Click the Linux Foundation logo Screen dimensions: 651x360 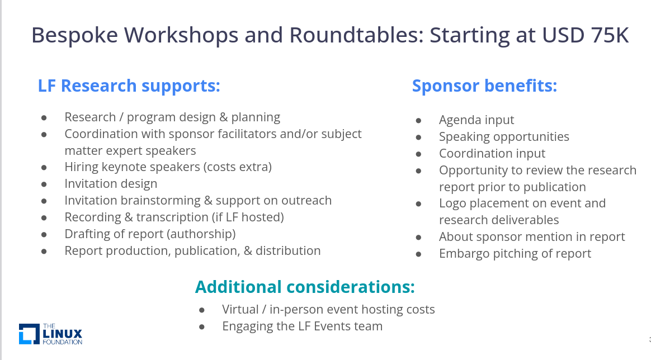[x=51, y=334]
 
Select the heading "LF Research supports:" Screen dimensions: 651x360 [x=129, y=86]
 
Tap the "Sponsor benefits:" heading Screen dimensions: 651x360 [x=484, y=86]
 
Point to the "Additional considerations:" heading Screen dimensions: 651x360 [x=305, y=287]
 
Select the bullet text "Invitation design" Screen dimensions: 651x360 [x=111, y=184]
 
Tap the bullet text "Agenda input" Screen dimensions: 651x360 [x=477, y=120]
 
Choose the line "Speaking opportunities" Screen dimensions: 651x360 [x=504, y=137]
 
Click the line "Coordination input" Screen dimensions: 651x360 [x=492, y=154]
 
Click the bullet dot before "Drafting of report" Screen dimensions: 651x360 [x=44, y=235]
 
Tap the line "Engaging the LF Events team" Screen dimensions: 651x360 [x=302, y=326]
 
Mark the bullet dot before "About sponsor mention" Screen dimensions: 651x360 [x=418, y=238]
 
